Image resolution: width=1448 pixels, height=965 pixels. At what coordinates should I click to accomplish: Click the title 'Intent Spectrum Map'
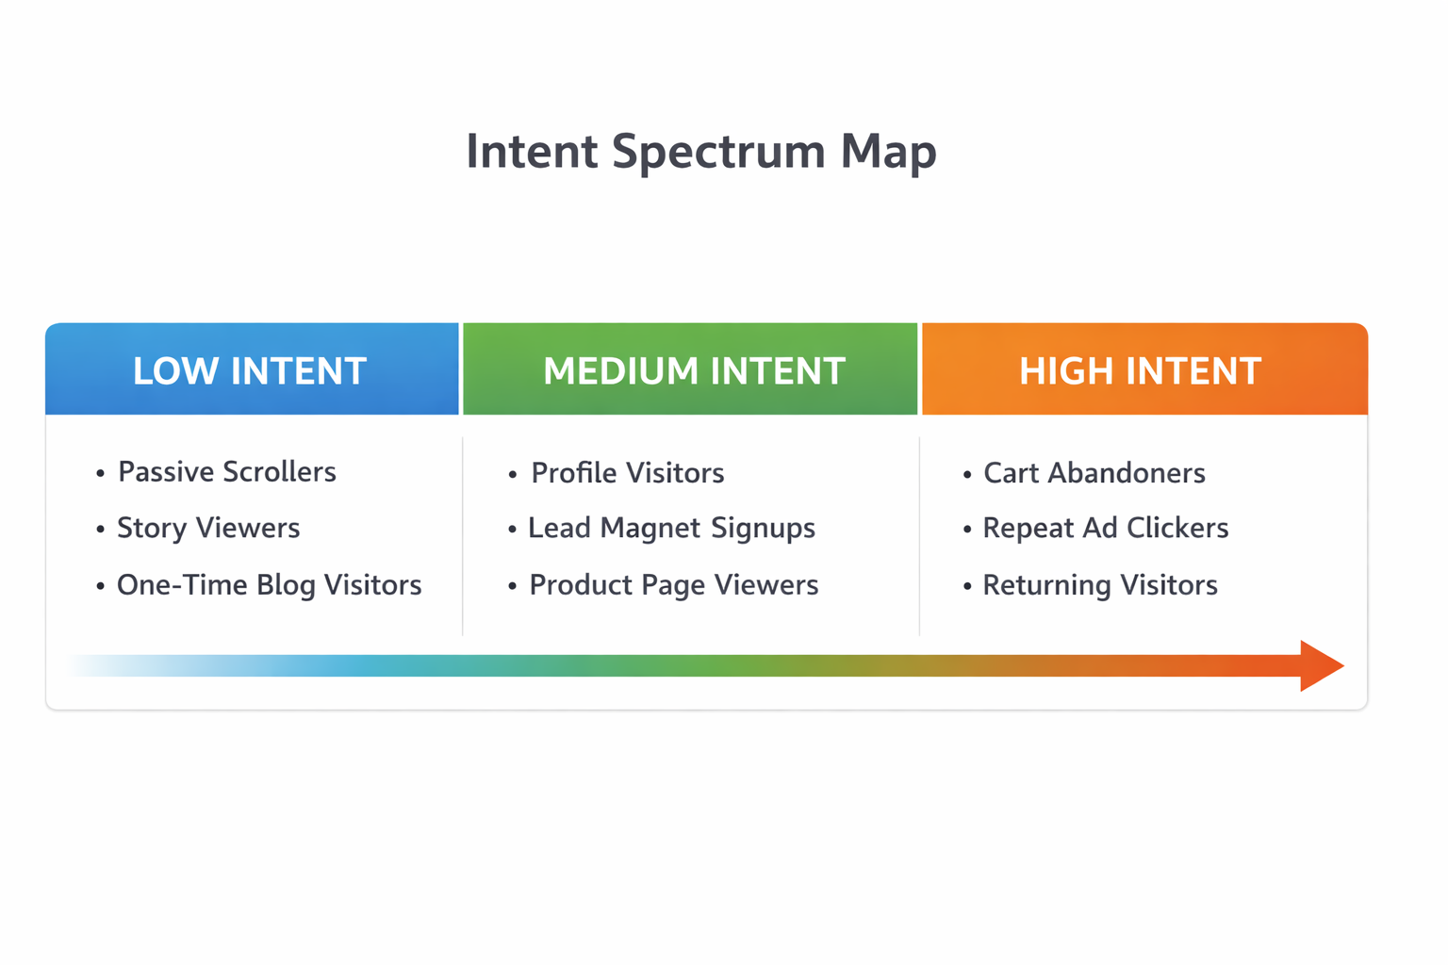pyautogui.click(x=701, y=152)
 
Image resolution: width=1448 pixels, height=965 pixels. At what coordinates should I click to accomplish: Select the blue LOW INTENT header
pyautogui.click(x=251, y=370)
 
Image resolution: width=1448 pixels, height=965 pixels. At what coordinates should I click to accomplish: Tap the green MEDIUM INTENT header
pyautogui.click(x=693, y=370)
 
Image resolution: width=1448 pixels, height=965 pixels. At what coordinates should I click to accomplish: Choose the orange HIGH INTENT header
pyautogui.click(x=1140, y=370)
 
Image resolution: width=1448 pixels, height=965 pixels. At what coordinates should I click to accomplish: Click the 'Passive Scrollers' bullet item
pyautogui.click(x=226, y=471)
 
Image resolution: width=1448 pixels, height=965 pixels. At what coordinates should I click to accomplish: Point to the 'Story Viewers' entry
pyautogui.click(x=208, y=528)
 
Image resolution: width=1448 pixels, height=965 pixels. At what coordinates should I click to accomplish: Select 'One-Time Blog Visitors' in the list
pyautogui.click(x=269, y=585)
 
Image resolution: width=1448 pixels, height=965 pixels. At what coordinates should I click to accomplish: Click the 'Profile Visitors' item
pyautogui.click(x=627, y=472)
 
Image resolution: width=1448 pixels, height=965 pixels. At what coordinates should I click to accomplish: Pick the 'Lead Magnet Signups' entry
pyautogui.click(x=671, y=528)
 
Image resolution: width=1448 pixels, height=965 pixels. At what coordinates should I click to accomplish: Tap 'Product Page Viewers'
pyautogui.click(x=673, y=585)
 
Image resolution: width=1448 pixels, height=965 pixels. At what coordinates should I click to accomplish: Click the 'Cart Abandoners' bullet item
pyautogui.click(x=1094, y=472)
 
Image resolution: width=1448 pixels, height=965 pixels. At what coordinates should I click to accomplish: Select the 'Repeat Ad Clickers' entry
pyautogui.click(x=1105, y=528)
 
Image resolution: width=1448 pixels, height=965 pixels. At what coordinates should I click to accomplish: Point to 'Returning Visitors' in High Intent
pyautogui.click(x=1099, y=585)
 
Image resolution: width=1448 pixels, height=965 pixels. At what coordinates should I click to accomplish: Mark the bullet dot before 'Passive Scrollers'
pyautogui.click(x=101, y=473)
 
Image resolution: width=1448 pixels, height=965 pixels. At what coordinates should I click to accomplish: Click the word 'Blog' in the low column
pyautogui.click(x=286, y=585)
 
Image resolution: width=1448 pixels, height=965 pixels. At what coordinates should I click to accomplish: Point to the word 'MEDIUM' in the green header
pyautogui.click(x=618, y=370)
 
